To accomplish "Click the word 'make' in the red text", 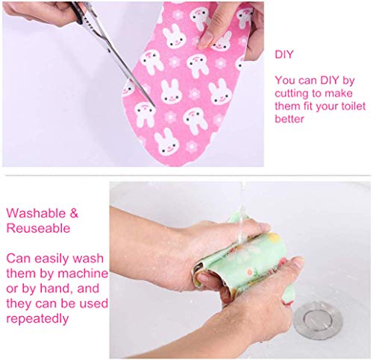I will point(342,92).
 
